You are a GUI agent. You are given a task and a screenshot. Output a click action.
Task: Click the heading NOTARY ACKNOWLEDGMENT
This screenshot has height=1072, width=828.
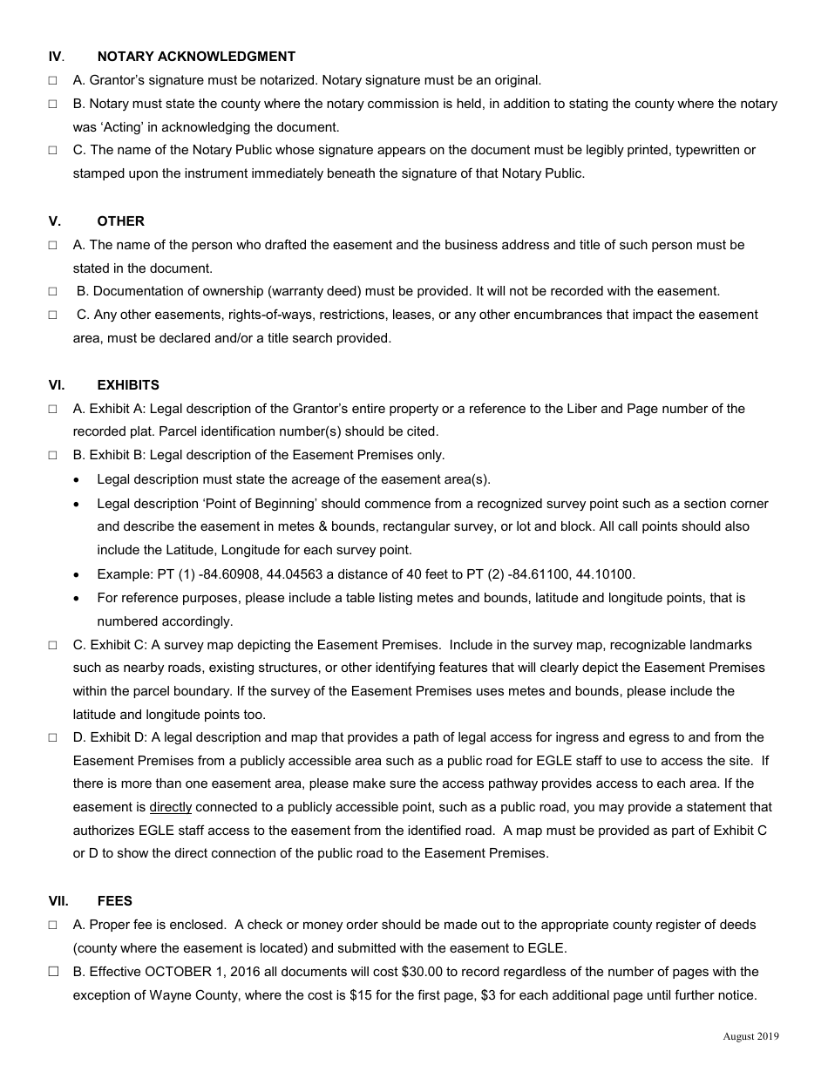[196, 57]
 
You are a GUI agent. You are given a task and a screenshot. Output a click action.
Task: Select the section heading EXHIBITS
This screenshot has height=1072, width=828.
[128, 384]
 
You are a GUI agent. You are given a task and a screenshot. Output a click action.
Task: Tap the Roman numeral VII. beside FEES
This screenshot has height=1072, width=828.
[58, 900]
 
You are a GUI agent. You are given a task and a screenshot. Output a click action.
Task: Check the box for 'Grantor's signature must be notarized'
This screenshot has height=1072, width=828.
[53, 80]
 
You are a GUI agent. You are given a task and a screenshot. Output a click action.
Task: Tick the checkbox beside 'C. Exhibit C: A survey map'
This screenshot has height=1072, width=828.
[53, 645]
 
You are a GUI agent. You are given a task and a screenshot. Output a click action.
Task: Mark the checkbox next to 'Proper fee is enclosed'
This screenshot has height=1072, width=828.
[53, 925]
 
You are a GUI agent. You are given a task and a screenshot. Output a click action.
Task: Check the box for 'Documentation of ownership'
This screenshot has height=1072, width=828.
[53, 291]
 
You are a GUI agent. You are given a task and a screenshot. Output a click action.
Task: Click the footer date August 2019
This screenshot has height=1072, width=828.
[750, 1036]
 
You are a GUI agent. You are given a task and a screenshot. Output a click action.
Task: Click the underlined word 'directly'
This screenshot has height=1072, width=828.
[171, 807]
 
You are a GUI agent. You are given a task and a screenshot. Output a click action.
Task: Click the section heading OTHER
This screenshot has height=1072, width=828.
[121, 221]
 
